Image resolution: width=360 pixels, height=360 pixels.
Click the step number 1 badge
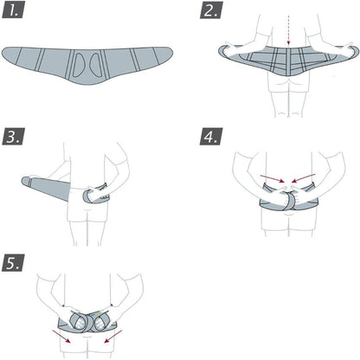(13, 10)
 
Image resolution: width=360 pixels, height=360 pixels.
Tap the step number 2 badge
(211, 10)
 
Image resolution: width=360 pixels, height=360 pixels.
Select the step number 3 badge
(13, 136)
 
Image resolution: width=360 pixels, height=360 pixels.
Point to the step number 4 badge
(211, 136)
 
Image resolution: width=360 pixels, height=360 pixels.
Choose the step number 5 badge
(13, 263)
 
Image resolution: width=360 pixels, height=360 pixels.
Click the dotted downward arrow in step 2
(288, 30)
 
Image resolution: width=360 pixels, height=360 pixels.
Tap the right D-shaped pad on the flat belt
(94, 64)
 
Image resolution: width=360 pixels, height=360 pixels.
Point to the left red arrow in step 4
(273, 178)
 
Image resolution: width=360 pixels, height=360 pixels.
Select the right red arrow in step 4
(304, 177)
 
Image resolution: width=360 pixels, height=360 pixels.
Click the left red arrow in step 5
(61, 337)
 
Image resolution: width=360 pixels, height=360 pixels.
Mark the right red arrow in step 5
(113, 337)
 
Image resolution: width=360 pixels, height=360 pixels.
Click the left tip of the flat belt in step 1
(3, 54)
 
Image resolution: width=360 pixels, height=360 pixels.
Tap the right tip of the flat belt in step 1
(172, 51)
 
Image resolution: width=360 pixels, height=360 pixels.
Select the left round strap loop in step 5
(77, 321)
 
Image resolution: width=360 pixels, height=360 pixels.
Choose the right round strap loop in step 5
(100, 321)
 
